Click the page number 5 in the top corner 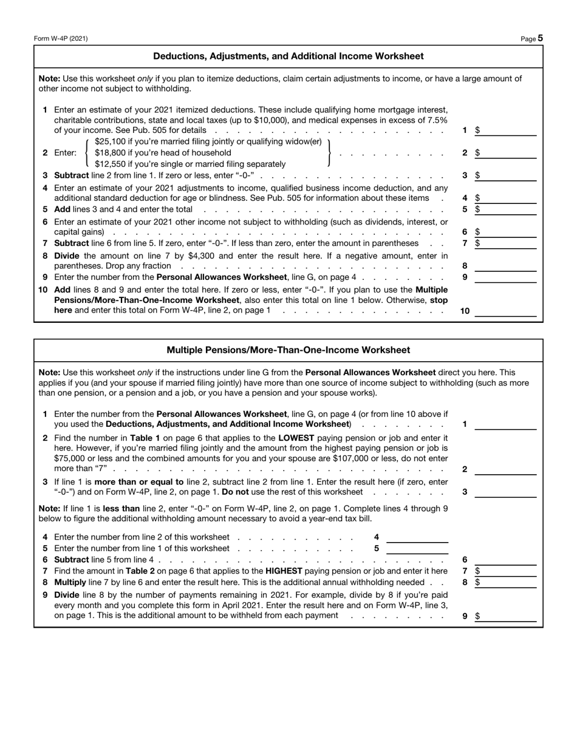point(540,38)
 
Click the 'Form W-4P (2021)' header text point(61,39)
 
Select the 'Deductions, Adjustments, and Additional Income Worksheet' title point(288,56)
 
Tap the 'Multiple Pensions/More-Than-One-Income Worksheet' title point(288,350)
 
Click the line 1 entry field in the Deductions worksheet point(508,130)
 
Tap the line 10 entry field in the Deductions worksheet point(505,311)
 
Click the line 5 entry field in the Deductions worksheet point(508,209)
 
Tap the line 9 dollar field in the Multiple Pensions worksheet point(508,615)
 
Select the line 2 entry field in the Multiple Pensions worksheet point(505,469)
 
